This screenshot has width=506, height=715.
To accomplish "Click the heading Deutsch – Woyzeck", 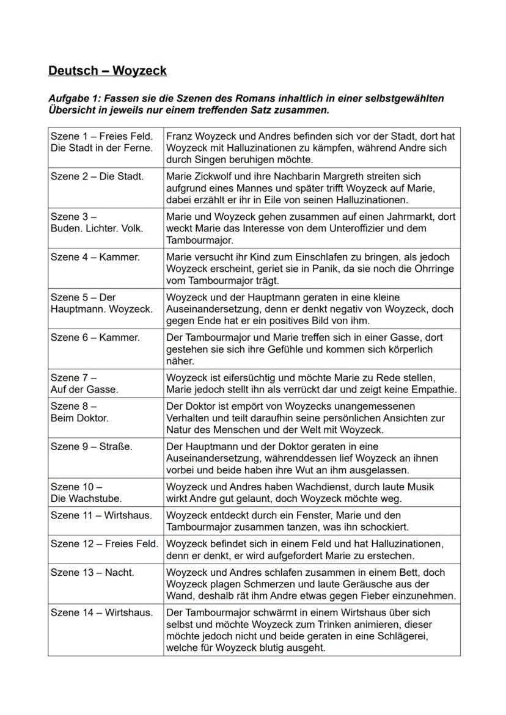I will [108, 71].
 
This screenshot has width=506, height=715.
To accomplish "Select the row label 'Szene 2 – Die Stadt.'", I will [97, 176].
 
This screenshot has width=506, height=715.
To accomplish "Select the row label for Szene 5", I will [101, 303].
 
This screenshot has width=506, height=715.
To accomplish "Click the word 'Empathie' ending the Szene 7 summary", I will [435, 390].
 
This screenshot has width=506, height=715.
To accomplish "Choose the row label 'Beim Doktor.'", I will [80, 418].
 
